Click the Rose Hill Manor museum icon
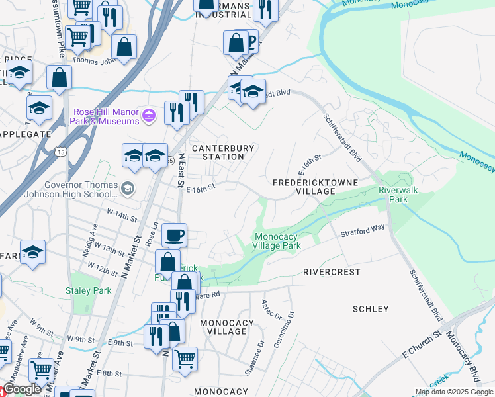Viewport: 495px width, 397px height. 150,116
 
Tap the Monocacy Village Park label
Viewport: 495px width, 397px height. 278,241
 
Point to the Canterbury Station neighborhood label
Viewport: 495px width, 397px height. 218,152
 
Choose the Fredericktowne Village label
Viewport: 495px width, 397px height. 315,186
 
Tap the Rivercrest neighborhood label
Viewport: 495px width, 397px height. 332,272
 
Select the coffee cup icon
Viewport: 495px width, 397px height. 175,235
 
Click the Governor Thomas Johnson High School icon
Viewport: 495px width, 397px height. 128,189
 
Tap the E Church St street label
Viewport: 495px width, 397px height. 422,345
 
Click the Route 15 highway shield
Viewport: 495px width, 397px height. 61,152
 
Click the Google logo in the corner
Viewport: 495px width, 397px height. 22,389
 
